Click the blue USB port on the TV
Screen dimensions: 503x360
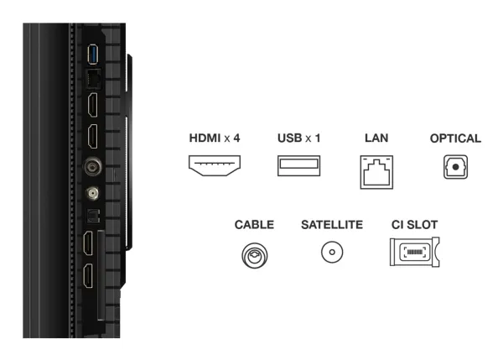point(93,55)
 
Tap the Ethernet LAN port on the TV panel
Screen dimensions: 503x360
point(93,79)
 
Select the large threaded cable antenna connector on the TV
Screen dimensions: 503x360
point(93,166)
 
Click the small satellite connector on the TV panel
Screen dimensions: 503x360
point(92,193)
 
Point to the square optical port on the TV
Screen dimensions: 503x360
point(93,216)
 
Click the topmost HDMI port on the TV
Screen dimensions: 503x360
point(93,104)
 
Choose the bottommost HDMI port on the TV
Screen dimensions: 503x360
point(88,276)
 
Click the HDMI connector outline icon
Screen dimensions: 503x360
point(215,165)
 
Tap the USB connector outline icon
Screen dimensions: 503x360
point(298,165)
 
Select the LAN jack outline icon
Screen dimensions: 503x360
point(376,172)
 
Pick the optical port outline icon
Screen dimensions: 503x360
point(455,167)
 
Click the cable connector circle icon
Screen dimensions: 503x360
point(254,255)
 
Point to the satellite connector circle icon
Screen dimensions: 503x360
point(332,252)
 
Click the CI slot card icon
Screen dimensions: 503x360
point(414,252)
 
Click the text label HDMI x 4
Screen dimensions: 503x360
point(215,138)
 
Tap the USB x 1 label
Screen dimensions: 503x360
point(299,138)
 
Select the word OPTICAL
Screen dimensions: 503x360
point(455,138)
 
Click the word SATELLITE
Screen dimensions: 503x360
point(332,225)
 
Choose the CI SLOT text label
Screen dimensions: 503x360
point(414,225)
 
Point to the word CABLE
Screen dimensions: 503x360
point(254,225)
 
